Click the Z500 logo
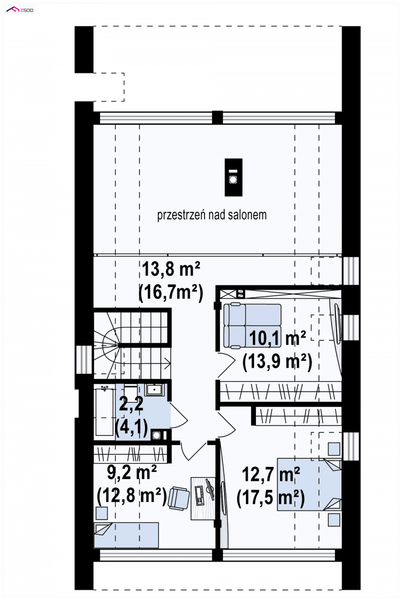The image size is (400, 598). pyautogui.click(x=20, y=10)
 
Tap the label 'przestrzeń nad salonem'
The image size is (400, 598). pyautogui.click(x=212, y=215)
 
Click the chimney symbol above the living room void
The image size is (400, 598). pyautogui.click(x=233, y=177)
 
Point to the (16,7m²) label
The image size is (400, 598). pyautogui.click(x=171, y=293)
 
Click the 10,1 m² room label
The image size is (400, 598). pyautogui.click(x=277, y=337)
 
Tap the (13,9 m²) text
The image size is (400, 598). pyautogui.click(x=277, y=361)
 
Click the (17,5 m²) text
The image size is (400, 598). pyautogui.click(x=271, y=498)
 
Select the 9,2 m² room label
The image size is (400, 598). pyautogui.click(x=132, y=472)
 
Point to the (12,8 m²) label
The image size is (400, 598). pyautogui.click(x=132, y=496)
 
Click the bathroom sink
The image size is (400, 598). pyautogui.click(x=155, y=390)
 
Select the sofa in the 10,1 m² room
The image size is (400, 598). pyautogui.click(x=252, y=325)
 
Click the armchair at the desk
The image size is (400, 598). pyautogui.click(x=178, y=498)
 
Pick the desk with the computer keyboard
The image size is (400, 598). pyautogui.click(x=203, y=498)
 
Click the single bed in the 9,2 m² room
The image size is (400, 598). pyautogui.click(x=126, y=535)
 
